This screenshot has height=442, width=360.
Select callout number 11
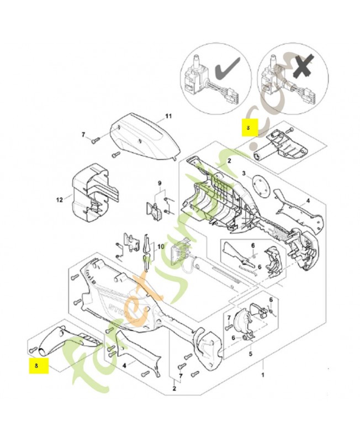(x=169, y=117)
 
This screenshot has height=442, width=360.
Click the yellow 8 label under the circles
(x=248, y=129)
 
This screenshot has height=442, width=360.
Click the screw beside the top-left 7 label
(x=95, y=139)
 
